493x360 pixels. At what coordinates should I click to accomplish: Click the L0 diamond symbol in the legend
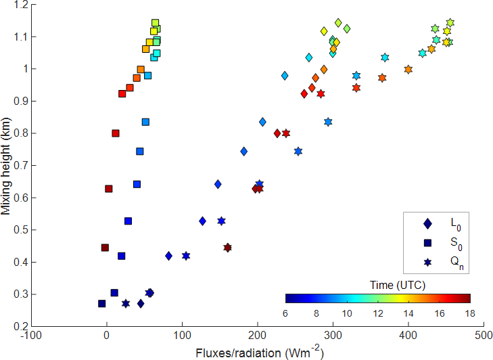[427, 223]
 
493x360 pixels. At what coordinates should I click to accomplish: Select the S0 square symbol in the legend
[427, 242]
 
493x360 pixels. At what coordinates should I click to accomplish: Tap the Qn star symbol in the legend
[427, 261]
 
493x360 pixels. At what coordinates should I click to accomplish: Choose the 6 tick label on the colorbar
[286, 313]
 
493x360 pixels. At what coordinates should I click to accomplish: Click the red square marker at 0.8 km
[116, 133]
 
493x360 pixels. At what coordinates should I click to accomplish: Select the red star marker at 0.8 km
[286, 133]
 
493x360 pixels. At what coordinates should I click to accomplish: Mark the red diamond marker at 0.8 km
[277, 133]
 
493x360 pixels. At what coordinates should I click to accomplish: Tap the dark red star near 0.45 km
[227, 248]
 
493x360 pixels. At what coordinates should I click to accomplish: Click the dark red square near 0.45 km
[105, 248]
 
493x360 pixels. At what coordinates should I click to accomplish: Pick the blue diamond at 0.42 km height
[168, 256]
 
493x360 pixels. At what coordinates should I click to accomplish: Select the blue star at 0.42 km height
[186, 256]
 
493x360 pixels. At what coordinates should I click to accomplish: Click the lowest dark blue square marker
[101, 304]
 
